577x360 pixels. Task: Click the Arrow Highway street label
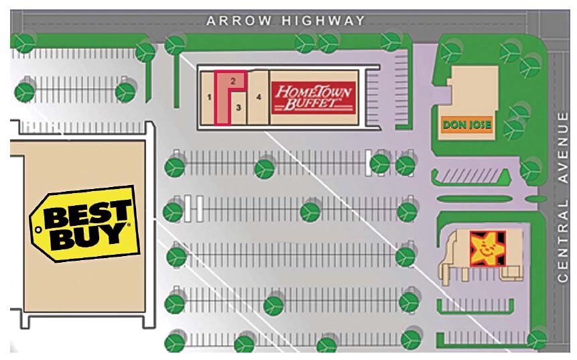click(x=285, y=21)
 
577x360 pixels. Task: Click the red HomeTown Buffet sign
click(x=312, y=97)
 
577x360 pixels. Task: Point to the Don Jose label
click(x=467, y=125)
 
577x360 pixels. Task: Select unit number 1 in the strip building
click(x=209, y=98)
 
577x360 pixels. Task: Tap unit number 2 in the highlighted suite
click(x=232, y=80)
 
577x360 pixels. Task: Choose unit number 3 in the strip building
click(x=238, y=105)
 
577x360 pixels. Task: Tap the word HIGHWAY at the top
click(x=324, y=21)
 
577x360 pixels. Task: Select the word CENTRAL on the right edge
click(x=562, y=237)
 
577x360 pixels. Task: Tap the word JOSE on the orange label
click(x=476, y=125)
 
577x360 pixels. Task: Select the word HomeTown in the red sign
click(x=314, y=91)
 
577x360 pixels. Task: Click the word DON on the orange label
click(x=452, y=125)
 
